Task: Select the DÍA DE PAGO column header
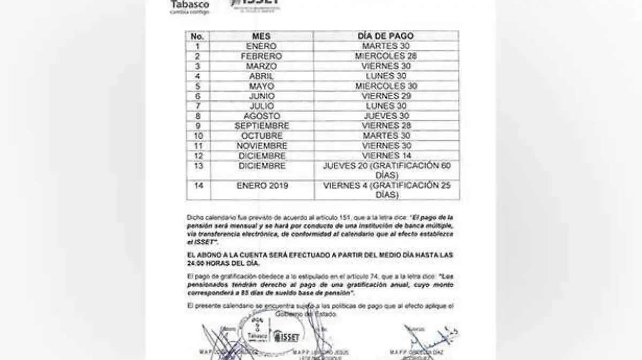pyautogui.click(x=386, y=36)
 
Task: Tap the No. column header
pyautogui.click(x=197, y=36)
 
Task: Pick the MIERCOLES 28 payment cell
pyautogui.click(x=386, y=56)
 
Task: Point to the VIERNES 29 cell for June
pyautogui.click(x=386, y=96)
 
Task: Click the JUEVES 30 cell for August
pyautogui.click(x=386, y=116)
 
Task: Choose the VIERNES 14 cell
pyautogui.click(x=386, y=156)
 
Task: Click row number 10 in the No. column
pyautogui.click(x=197, y=136)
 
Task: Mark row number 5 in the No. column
pyautogui.click(x=197, y=86)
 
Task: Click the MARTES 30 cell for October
pyautogui.click(x=386, y=136)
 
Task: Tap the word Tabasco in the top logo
pyautogui.click(x=190, y=4)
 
